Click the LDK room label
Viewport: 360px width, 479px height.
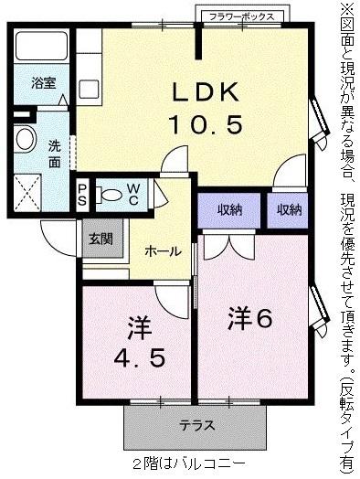click(x=206, y=91)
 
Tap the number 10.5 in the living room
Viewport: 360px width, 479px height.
click(x=206, y=124)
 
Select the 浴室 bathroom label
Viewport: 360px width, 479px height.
click(x=44, y=82)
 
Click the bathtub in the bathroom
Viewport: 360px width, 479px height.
click(x=43, y=47)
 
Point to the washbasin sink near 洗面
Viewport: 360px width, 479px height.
click(x=25, y=140)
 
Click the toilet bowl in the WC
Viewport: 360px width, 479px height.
click(x=111, y=194)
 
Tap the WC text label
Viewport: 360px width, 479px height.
click(x=133, y=194)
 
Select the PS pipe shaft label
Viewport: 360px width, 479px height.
click(x=82, y=194)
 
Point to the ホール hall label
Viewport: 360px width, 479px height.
click(x=164, y=251)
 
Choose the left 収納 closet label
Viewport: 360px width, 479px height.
click(x=229, y=210)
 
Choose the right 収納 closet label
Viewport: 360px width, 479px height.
click(x=289, y=210)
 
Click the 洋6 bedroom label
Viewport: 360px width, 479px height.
click(x=250, y=320)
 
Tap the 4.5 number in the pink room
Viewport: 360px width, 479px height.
click(x=139, y=357)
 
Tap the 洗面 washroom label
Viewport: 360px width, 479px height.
click(x=55, y=153)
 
